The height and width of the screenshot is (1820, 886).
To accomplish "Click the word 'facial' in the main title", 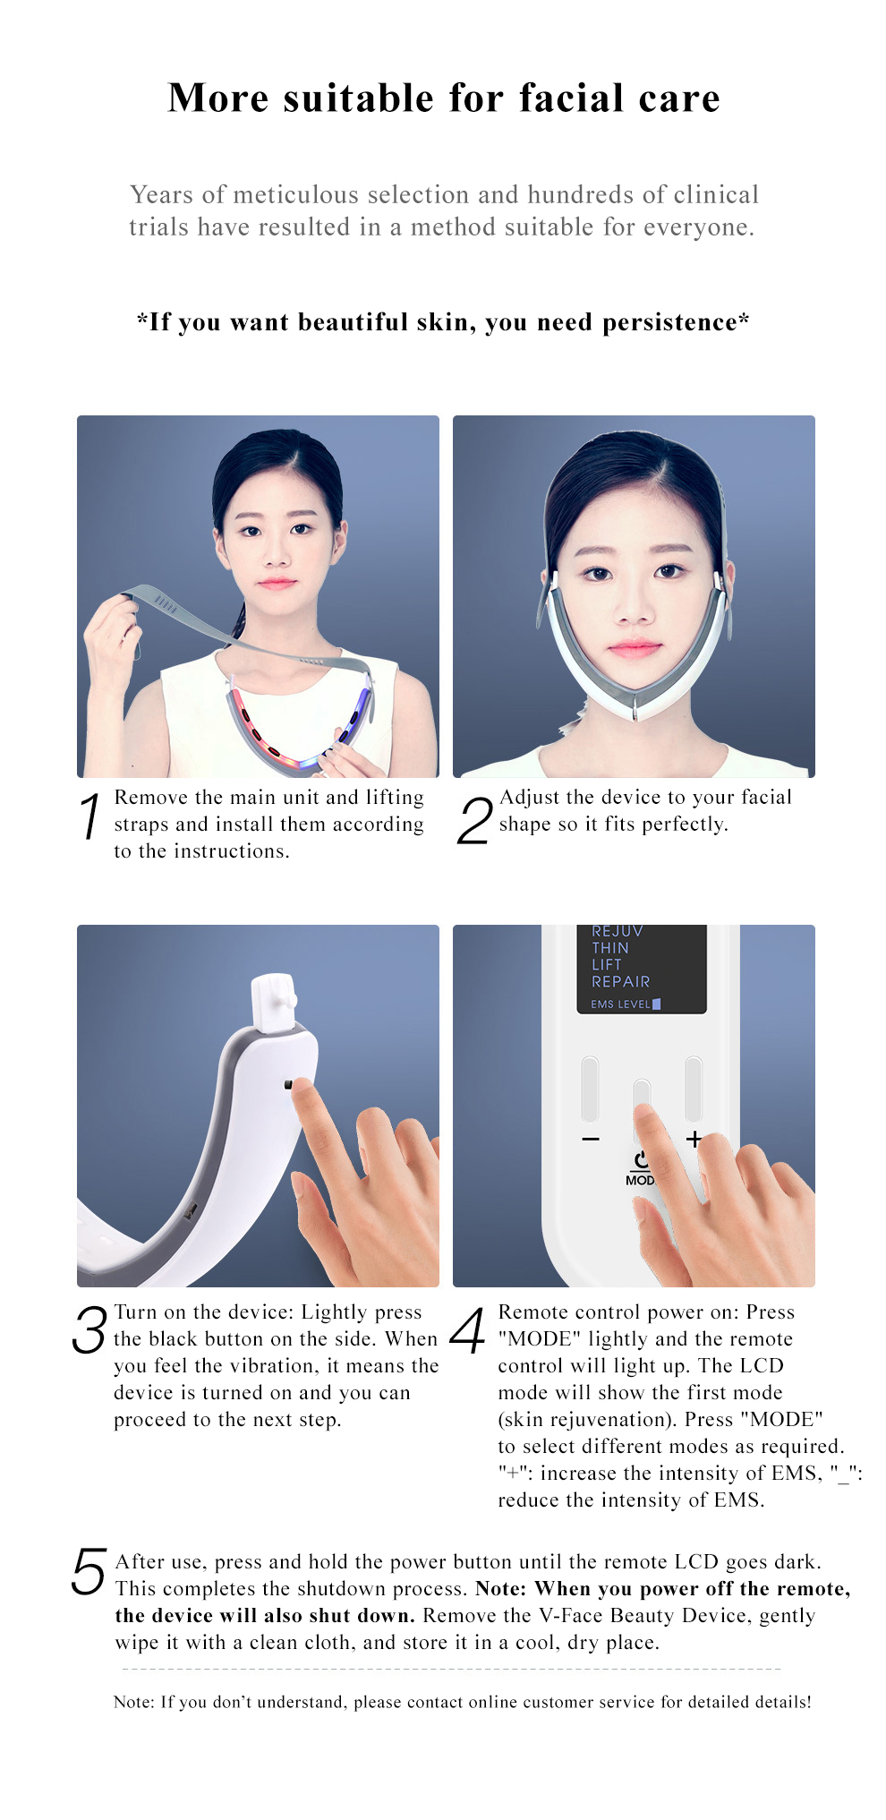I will pyautogui.click(x=571, y=98).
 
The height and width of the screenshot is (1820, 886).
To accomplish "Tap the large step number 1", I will pyautogui.click(x=90, y=816).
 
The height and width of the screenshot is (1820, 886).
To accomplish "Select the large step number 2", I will pyautogui.click(x=474, y=821).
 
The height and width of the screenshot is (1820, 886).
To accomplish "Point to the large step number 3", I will pyautogui.click(x=89, y=1329).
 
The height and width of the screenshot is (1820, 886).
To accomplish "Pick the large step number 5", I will pyautogui.click(x=89, y=1572).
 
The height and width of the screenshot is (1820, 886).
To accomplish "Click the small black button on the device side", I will pyautogui.click(x=288, y=1085).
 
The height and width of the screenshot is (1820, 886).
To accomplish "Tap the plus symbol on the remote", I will pyautogui.click(x=694, y=1139).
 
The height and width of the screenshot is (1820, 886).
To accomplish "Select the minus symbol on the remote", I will pyautogui.click(x=590, y=1139).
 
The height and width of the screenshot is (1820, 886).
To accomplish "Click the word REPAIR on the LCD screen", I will pyautogui.click(x=620, y=981).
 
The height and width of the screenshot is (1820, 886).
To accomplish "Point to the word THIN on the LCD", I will pyautogui.click(x=609, y=947).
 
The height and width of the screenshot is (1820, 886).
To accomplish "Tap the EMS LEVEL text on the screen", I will pyautogui.click(x=620, y=1004).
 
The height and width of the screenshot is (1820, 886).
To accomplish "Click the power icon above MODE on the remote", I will pyautogui.click(x=641, y=1160).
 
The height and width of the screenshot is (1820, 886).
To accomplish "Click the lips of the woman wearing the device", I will pyautogui.click(x=634, y=647).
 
